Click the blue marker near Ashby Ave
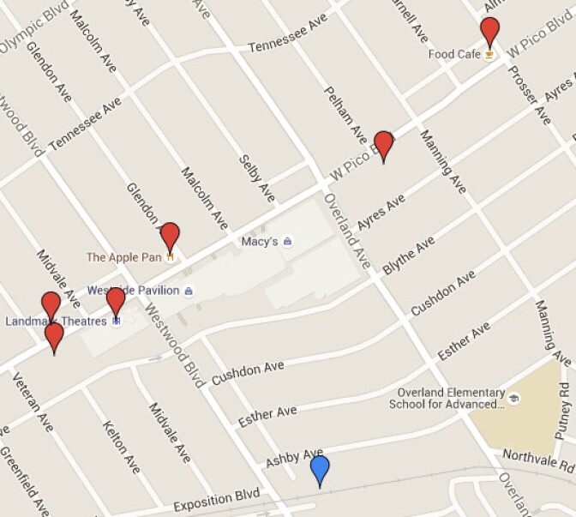[x=320, y=470]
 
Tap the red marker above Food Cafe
[x=489, y=31]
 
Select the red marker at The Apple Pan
[x=170, y=236]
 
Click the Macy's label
[x=259, y=242]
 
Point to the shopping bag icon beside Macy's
[x=287, y=242]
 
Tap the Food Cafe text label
[x=454, y=55]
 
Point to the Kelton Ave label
[x=120, y=447]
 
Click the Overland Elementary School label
[x=447, y=398]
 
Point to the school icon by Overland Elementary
[x=513, y=398]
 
